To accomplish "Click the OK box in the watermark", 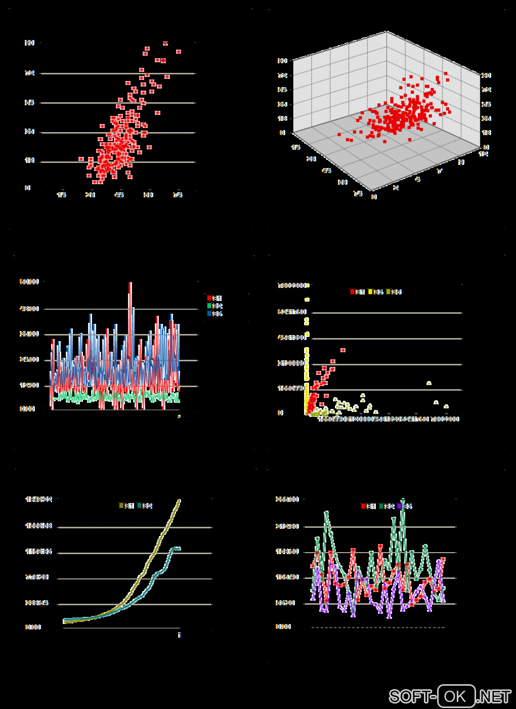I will [x=456, y=696].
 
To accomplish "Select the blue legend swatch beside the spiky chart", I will [x=209, y=314].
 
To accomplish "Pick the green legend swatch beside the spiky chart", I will [x=209, y=306].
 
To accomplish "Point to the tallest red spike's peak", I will [x=130, y=283].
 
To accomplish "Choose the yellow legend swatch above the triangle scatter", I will [x=370, y=292].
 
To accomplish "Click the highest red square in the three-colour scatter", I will [x=342, y=350].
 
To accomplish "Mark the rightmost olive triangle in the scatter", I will [x=446, y=406].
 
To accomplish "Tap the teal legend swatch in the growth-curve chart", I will [x=139, y=506].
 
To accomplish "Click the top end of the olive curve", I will [x=179, y=501].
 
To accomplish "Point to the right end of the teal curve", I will [x=179, y=548].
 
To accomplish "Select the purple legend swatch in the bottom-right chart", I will [x=399, y=506].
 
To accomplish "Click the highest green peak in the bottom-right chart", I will [x=403, y=500].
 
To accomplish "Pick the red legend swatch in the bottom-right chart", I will [x=363, y=506].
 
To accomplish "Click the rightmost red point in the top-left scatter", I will [x=179, y=52].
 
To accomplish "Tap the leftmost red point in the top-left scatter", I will [x=81, y=159].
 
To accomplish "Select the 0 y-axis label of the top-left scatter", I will [x=28, y=188].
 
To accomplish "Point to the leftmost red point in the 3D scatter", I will [x=339, y=135].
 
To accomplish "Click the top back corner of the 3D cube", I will [x=387, y=31].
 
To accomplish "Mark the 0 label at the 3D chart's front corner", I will [x=374, y=197].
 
